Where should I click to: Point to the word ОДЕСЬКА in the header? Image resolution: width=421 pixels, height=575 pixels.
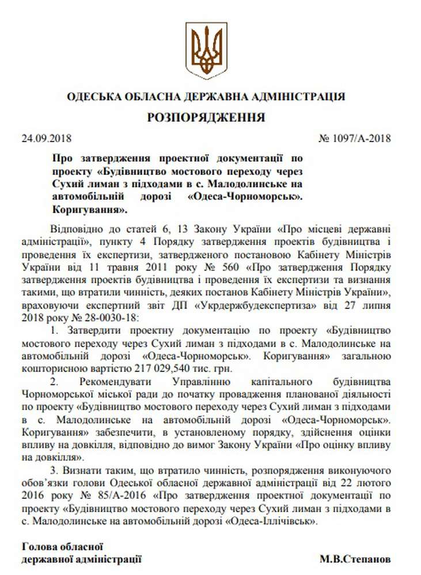pos(95,96)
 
